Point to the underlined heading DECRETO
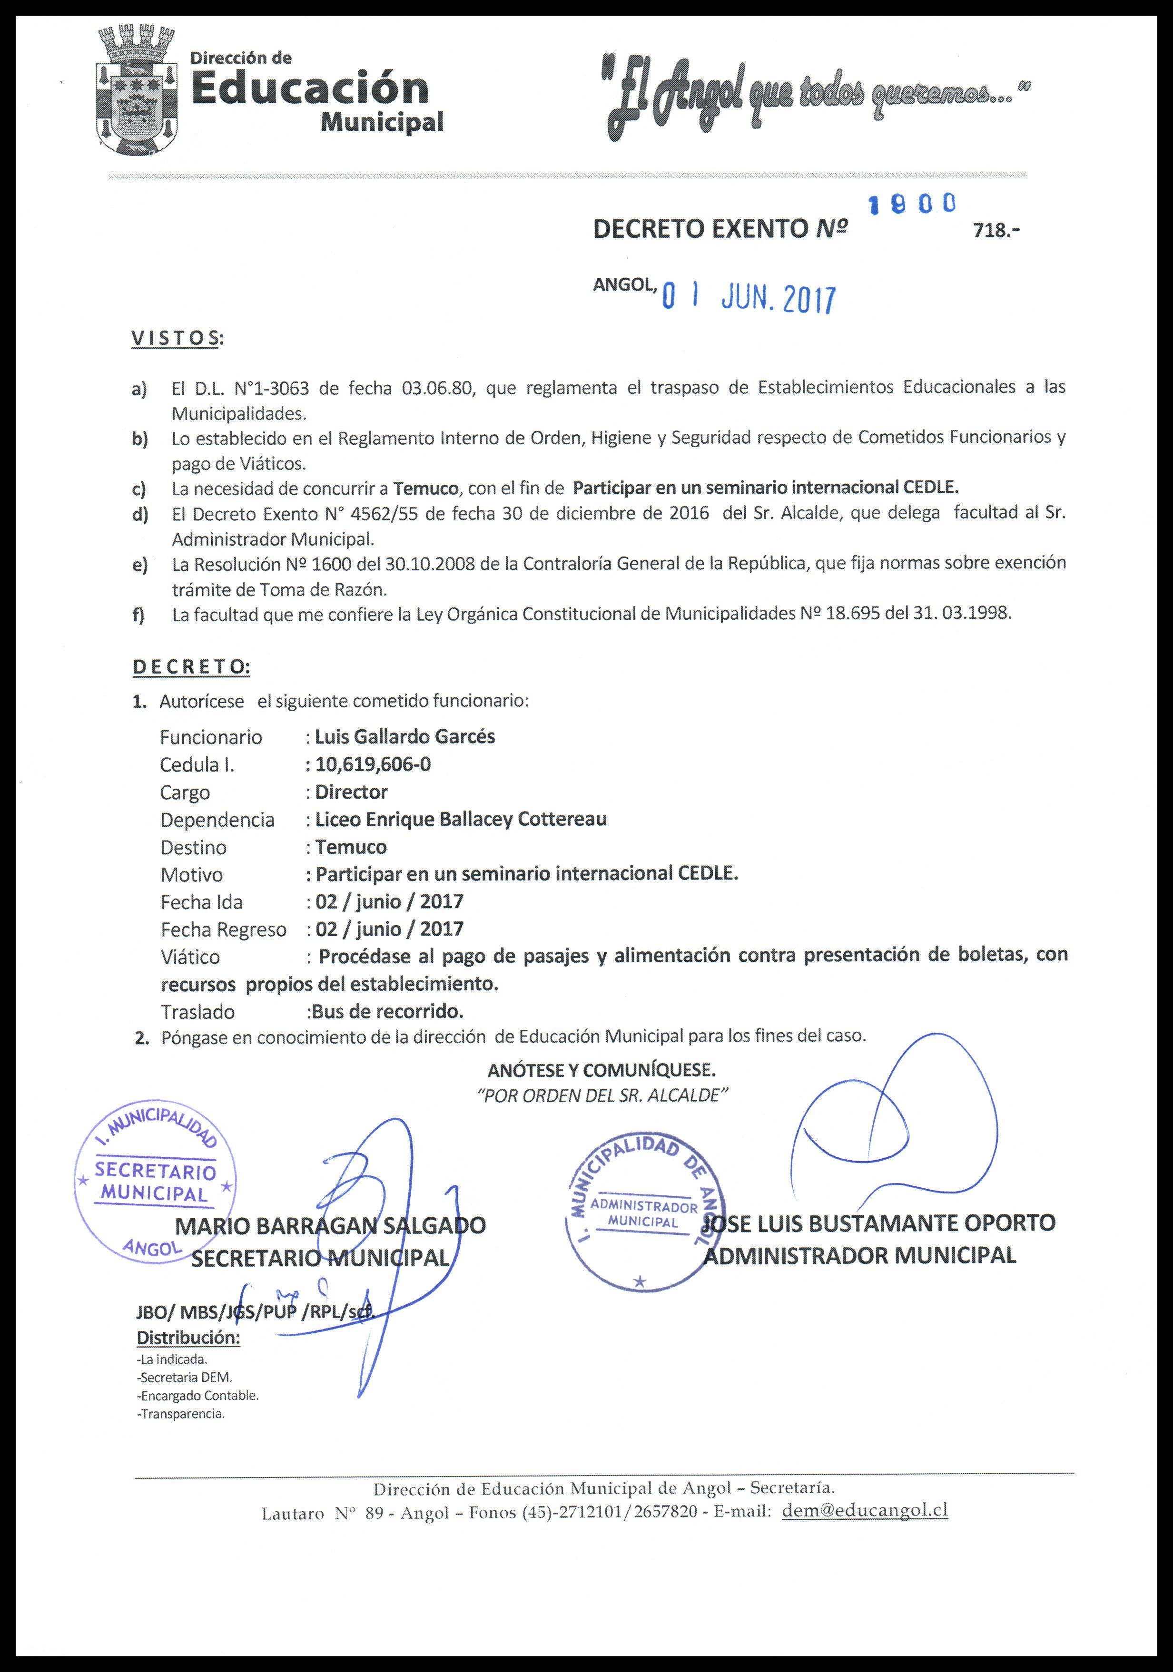click(190, 666)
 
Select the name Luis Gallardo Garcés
click(404, 736)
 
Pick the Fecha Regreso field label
click(223, 930)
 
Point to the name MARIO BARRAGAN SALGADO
click(330, 1225)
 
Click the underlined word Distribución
click(188, 1338)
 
